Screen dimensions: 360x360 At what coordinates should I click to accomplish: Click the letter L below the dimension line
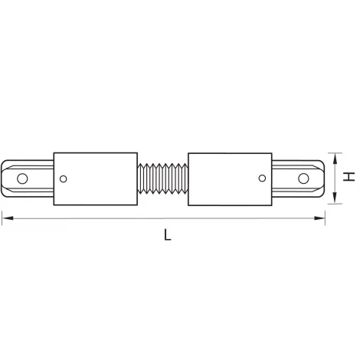click(167, 236)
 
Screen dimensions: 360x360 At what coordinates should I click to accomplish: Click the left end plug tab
click(29, 178)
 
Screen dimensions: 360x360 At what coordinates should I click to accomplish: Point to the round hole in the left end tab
click(22, 180)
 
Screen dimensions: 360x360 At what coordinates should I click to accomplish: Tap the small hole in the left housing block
click(64, 181)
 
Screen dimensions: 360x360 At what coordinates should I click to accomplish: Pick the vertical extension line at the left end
click(2, 207)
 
